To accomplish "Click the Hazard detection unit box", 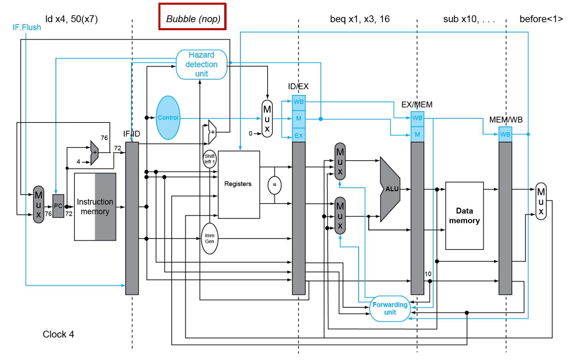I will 201,64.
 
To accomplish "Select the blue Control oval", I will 168,118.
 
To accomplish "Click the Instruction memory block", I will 95,207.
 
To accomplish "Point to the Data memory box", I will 464,216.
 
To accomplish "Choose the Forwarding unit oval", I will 390,308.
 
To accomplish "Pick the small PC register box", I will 58,206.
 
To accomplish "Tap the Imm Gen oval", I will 209,239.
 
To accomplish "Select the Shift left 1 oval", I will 209,159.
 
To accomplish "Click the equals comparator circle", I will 274,185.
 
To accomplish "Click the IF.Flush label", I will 27,28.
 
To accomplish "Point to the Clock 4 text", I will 58,334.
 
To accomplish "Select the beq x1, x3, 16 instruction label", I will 359,19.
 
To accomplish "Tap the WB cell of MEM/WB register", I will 505,134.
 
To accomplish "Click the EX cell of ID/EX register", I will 298,136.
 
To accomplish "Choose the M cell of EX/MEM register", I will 417,135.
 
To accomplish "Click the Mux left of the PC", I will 39,204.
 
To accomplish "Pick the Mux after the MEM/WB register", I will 541,201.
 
